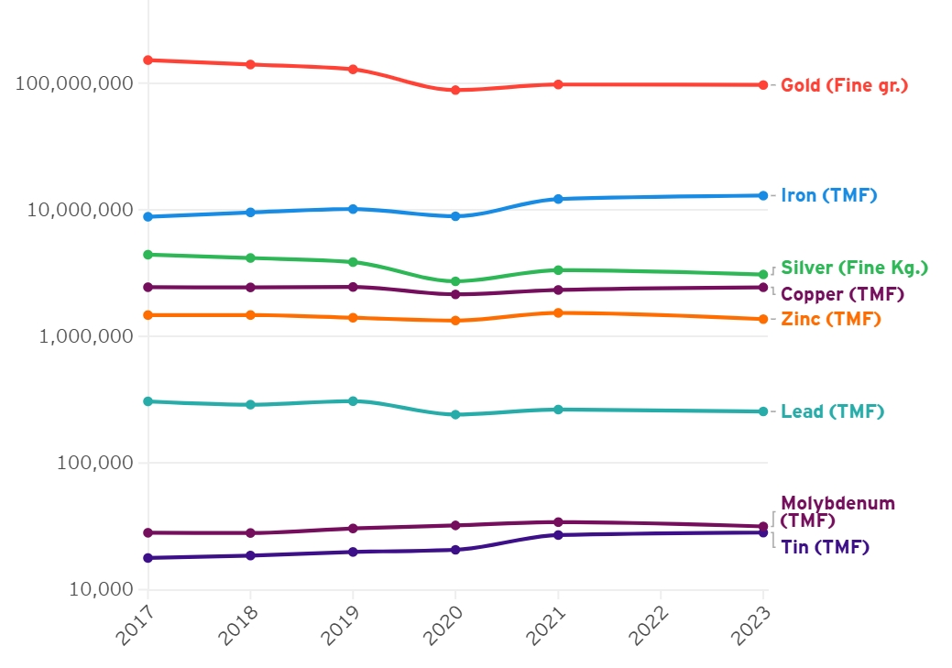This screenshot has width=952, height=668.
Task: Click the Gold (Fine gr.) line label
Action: tap(844, 85)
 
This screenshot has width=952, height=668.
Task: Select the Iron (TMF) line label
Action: tap(828, 195)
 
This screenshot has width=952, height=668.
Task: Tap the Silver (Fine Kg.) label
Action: tap(854, 268)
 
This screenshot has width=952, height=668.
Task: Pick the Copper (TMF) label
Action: tap(842, 294)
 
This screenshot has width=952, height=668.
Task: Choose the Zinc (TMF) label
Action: tap(830, 319)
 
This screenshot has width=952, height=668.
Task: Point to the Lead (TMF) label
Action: tap(832, 411)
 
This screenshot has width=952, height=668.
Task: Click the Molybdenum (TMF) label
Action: tap(837, 511)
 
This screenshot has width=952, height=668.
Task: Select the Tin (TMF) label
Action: tap(825, 547)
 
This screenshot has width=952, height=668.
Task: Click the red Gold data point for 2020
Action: tap(455, 90)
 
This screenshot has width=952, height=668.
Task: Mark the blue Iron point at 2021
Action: tap(558, 199)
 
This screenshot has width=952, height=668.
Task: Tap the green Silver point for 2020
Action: tap(455, 281)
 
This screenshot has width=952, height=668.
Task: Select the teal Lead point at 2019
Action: tap(353, 400)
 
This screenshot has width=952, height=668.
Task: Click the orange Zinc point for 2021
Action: tap(558, 312)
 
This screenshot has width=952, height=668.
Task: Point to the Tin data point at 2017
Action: tap(148, 558)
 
